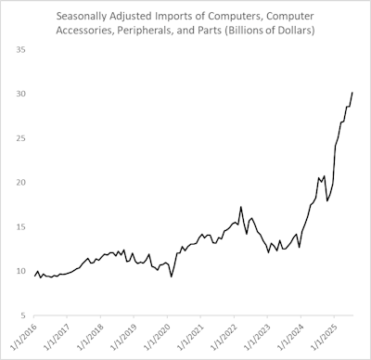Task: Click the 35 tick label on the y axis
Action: pos(19,49)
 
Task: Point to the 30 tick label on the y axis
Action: pos(19,94)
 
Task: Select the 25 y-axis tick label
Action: pos(19,138)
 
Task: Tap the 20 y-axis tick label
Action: pos(19,182)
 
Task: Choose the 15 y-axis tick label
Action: pos(19,226)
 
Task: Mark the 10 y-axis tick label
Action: pos(19,271)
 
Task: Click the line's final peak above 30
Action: pos(352,92)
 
